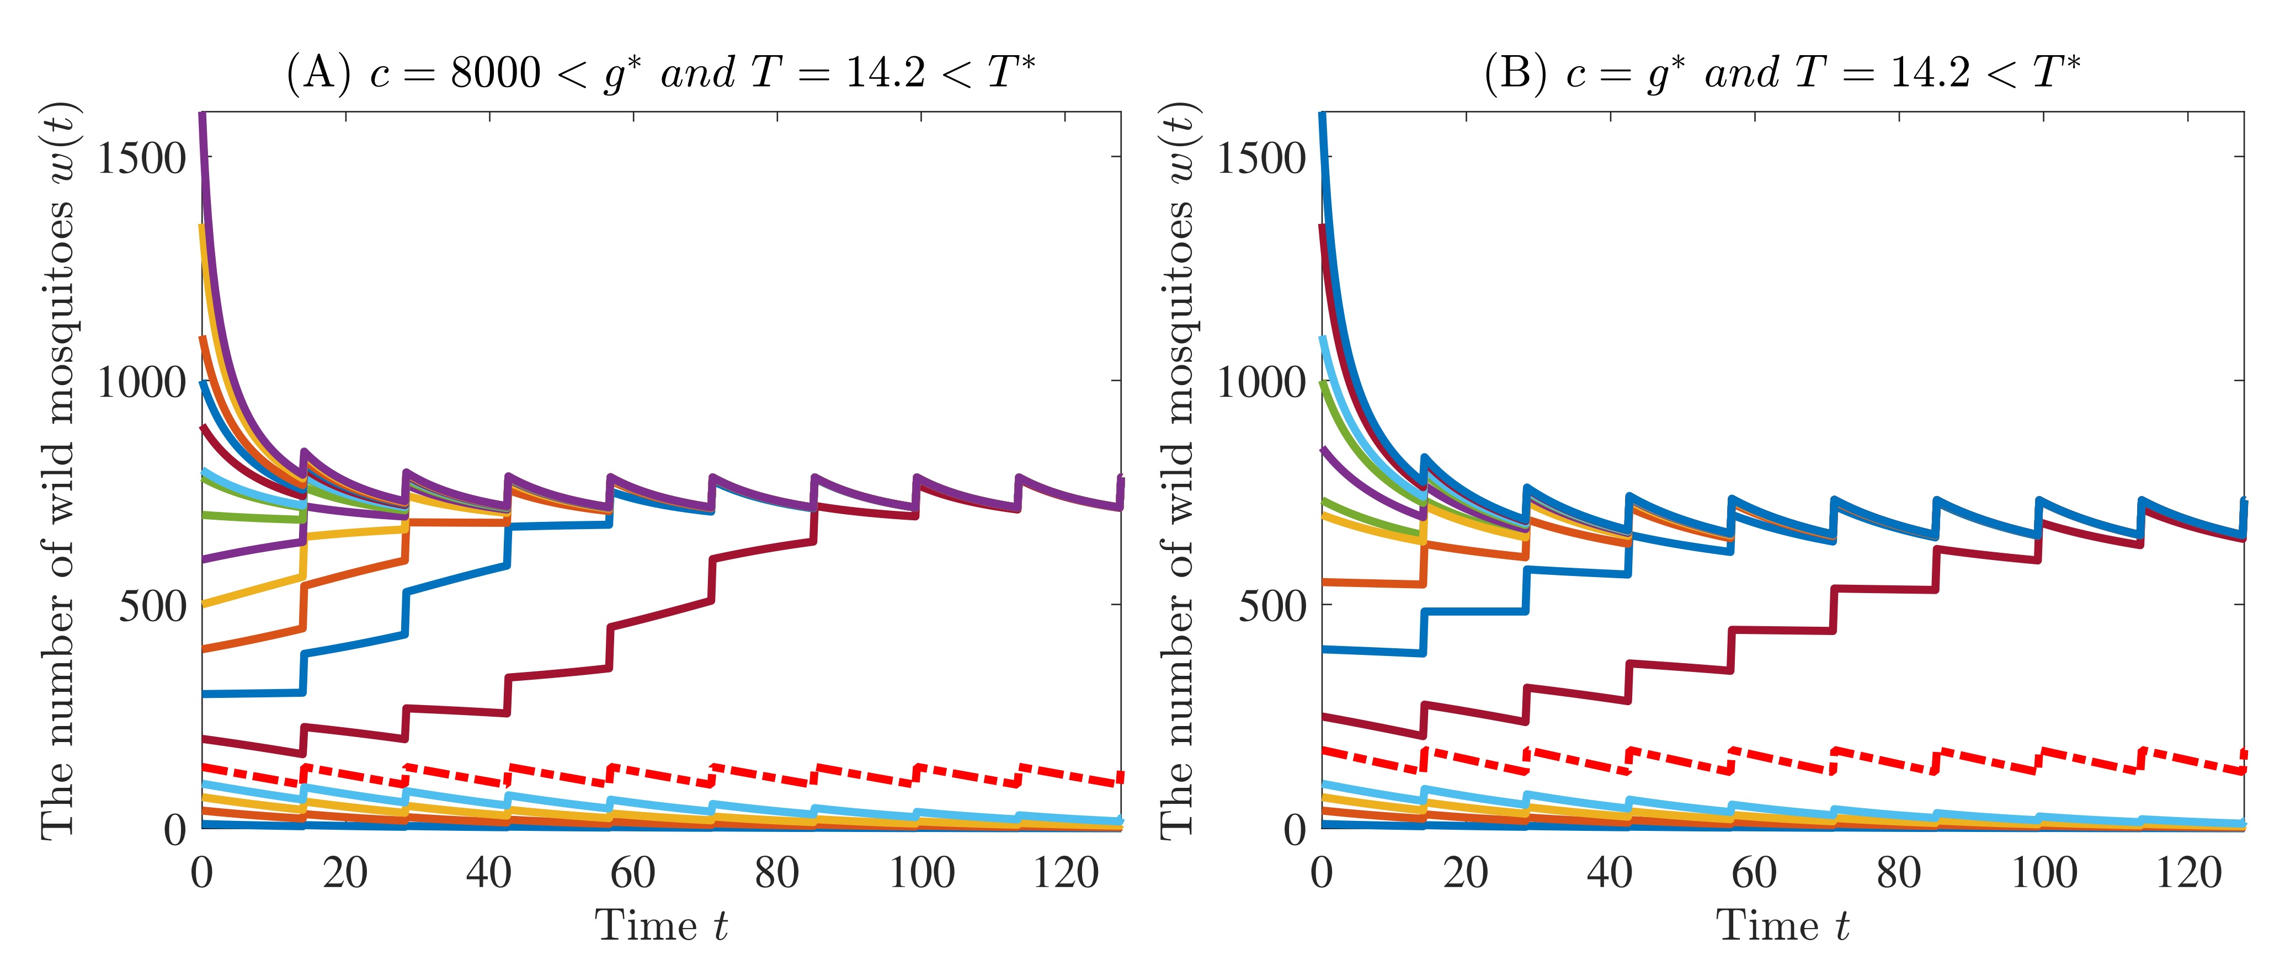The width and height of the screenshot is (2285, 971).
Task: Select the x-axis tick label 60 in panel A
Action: [632, 873]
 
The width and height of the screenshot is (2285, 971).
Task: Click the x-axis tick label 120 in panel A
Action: [1066, 873]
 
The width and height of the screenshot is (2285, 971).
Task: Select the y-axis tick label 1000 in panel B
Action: [1260, 383]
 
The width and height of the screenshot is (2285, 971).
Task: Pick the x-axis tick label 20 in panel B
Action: [1466, 873]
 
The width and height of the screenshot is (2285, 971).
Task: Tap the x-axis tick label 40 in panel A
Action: [489, 873]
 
